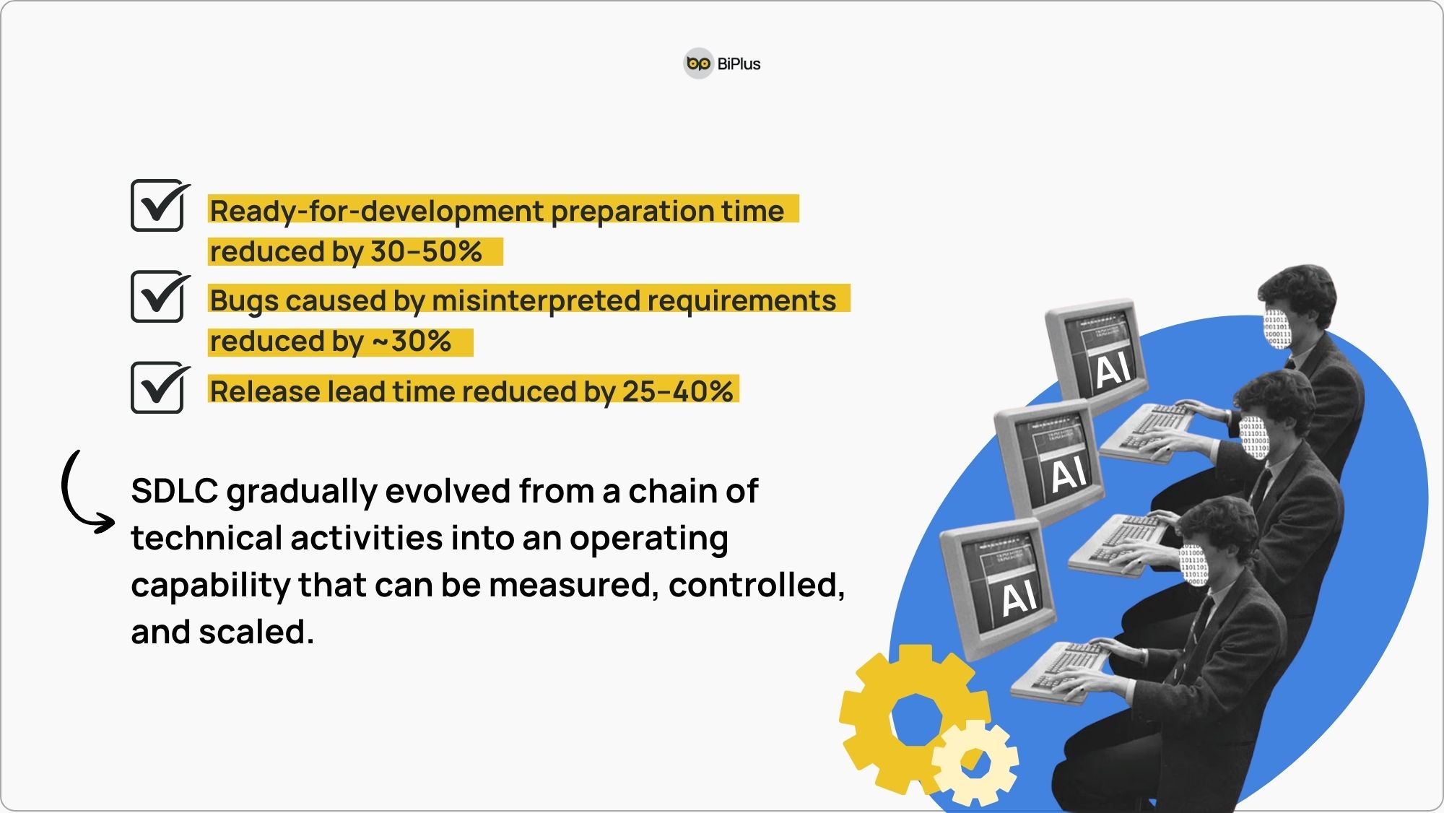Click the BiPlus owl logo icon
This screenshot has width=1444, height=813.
coord(698,64)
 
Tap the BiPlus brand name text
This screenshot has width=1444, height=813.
coord(739,64)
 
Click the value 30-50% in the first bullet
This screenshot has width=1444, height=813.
coord(426,251)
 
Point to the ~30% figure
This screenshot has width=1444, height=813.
coord(412,341)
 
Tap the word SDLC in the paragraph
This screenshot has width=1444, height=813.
coord(175,491)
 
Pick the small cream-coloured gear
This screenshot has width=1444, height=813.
coord(975,762)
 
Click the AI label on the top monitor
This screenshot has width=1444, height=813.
coord(1112,370)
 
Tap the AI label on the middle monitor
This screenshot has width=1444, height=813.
coord(1069,474)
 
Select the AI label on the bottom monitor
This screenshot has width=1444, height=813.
coord(1019,598)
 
